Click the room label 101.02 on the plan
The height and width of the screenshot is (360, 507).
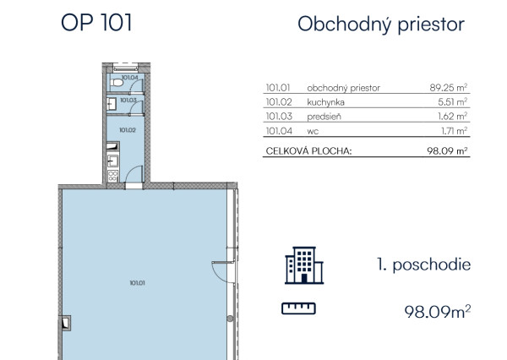point(128,130)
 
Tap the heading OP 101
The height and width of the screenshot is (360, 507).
point(96,23)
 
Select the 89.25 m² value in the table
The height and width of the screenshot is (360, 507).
point(449,87)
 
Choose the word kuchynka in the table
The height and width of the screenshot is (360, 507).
point(326,101)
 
